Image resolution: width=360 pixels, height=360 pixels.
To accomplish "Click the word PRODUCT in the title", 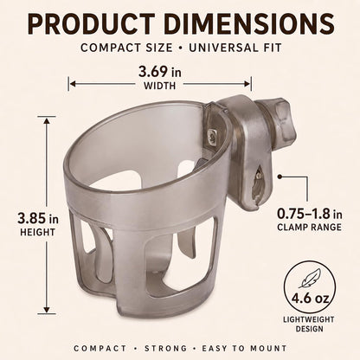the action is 91,24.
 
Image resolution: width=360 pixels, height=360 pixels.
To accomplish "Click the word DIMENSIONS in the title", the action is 248,24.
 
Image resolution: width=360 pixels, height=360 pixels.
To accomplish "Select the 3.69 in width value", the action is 160,72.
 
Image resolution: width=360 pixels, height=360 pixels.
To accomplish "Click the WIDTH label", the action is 159,86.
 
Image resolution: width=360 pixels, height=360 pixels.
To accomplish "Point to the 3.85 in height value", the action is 38,218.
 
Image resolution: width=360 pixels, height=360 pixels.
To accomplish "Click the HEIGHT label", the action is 37,232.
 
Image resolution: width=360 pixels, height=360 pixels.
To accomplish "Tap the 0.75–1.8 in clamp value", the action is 310,214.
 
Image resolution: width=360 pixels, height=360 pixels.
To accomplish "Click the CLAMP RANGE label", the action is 309,228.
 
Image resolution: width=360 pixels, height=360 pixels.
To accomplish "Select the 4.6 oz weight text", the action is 310,298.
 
